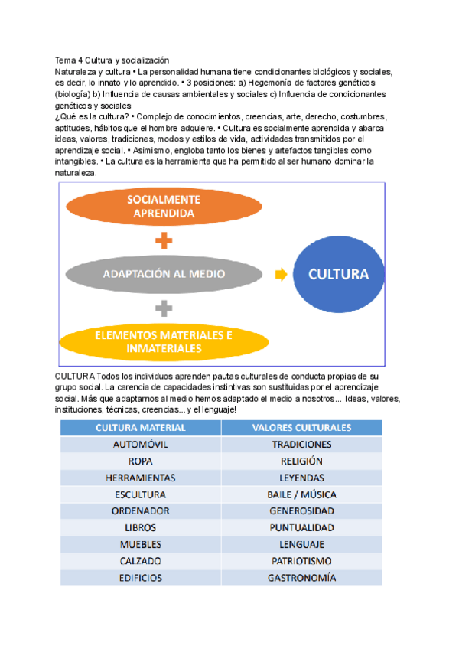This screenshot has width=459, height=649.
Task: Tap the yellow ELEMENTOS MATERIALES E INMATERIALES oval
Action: point(164,341)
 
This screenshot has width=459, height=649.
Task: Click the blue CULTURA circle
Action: point(338,274)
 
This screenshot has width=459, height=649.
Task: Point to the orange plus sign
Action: point(164,241)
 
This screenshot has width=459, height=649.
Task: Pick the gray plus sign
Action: point(164,308)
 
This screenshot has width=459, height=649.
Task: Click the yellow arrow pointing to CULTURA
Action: point(281,274)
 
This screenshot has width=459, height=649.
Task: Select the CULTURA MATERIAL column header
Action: point(140,427)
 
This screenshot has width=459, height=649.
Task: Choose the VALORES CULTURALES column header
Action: point(301,427)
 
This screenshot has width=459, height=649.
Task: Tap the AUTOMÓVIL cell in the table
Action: point(140,444)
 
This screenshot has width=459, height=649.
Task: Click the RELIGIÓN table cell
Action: point(301,461)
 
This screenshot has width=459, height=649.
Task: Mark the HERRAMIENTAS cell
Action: point(140,478)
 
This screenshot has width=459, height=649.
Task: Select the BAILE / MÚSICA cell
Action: point(301,494)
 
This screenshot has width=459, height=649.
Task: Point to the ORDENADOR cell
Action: point(140,511)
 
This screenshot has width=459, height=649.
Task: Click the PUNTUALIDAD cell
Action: point(301,528)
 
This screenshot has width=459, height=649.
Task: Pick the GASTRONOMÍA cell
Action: point(301,579)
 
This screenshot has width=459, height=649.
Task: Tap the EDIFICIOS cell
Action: point(140,579)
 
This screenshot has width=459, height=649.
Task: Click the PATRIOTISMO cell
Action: point(301,562)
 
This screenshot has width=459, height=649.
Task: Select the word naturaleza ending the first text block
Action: point(76,174)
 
